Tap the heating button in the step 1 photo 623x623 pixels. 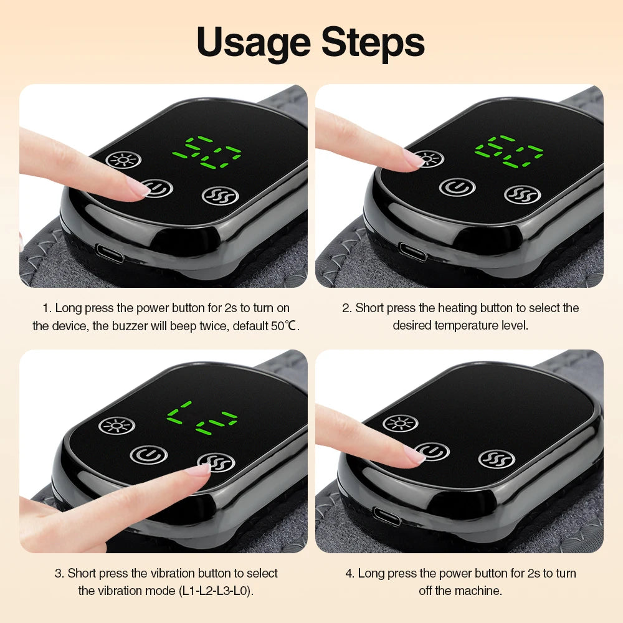123,159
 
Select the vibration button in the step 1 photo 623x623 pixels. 221,195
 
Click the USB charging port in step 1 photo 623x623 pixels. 109,253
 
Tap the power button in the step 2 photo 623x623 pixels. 457,186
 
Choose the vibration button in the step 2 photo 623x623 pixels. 521,194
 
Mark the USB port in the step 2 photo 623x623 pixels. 412,252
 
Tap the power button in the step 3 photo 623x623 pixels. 148,454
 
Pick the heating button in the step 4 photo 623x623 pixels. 400,424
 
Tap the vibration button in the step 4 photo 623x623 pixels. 497,459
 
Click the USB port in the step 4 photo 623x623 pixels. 386,516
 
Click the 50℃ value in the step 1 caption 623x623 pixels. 282,326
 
